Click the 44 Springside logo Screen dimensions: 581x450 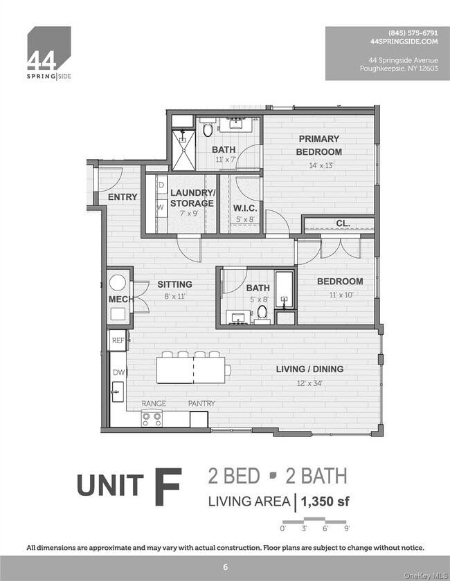[x=48, y=53]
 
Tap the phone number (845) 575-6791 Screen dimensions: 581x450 [x=413, y=33]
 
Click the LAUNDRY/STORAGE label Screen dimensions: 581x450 [x=192, y=198]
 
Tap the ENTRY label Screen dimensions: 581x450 [x=123, y=197]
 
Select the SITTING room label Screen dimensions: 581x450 [x=174, y=284]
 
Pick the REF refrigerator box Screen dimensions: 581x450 [x=117, y=340]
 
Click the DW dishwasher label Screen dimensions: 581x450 [x=118, y=372]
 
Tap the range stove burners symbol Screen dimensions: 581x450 [x=152, y=417]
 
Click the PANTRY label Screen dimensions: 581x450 [x=201, y=403]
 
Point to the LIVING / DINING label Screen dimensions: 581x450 [x=309, y=369]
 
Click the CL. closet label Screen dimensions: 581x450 [x=343, y=223]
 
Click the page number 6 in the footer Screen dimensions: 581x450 [x=225, y=567]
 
